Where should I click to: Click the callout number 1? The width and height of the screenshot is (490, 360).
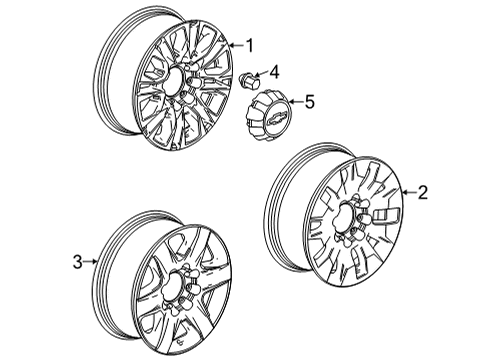(x=250, y=44)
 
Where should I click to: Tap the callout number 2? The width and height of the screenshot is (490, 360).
(x=422, y=194)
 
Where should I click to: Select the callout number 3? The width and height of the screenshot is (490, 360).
(x=75, y=262)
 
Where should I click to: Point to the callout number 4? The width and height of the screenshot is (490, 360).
(x=274, y=71)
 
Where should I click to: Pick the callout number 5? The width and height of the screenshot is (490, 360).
(x=309, y=100)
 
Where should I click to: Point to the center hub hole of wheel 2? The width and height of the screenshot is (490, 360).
(x=350, y=221)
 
